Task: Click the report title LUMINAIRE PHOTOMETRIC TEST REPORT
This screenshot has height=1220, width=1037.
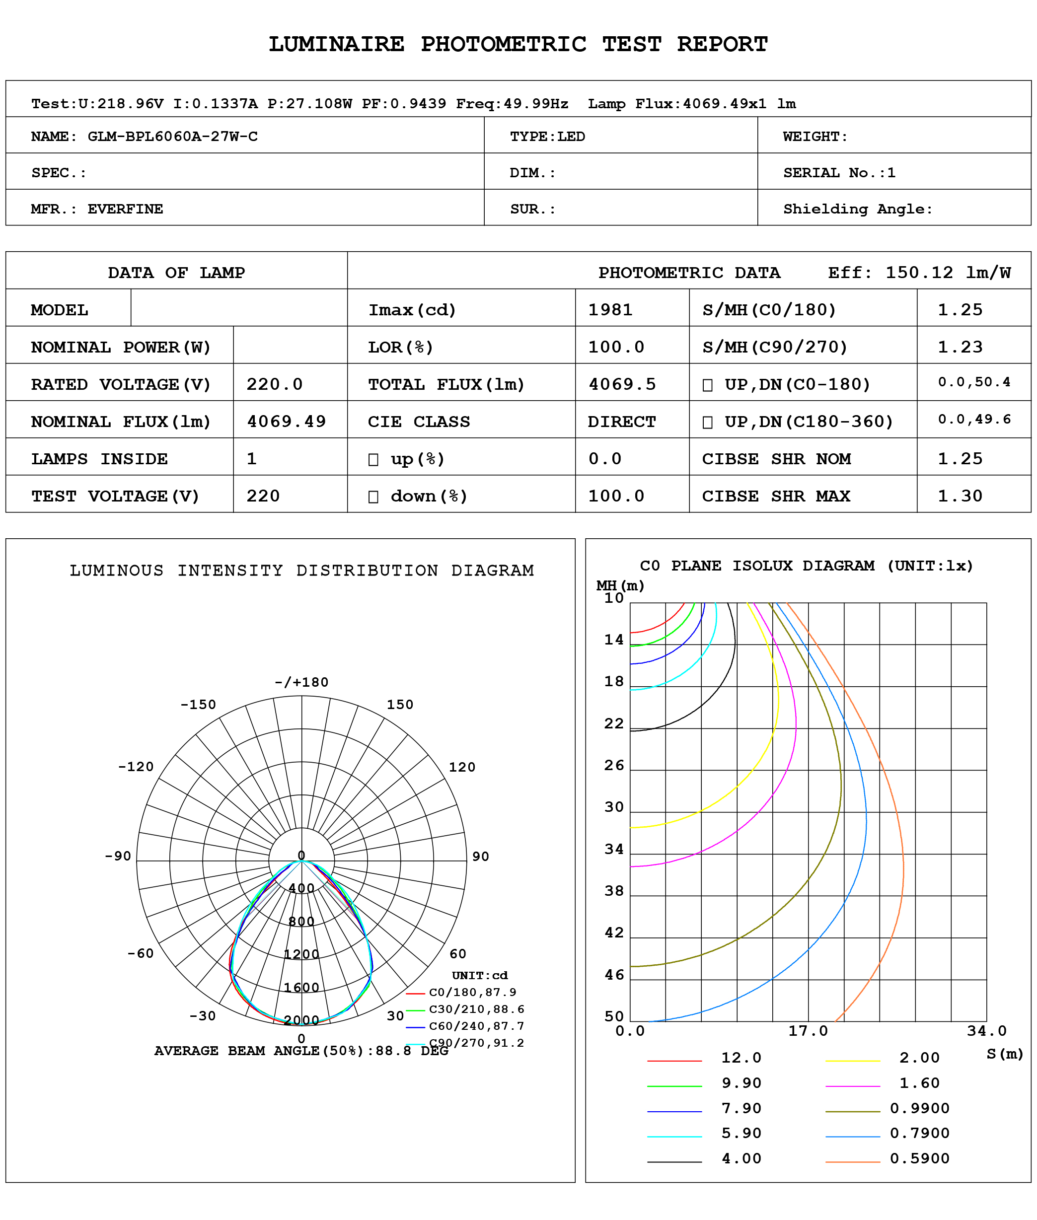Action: pos(518,45)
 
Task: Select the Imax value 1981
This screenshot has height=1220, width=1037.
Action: pos(610,310)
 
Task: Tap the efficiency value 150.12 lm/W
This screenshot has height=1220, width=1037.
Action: pos(948,273)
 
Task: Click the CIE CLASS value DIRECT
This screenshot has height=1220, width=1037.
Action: pos(621,422)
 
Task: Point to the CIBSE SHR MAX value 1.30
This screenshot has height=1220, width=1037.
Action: pos(960,496)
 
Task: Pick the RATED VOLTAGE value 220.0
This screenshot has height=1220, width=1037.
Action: pos(274,384)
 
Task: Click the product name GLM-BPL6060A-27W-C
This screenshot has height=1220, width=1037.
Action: pos(172,137)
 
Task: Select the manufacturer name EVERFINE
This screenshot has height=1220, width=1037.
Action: pos(125,209)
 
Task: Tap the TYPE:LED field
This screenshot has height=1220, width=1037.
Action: pos(547,137)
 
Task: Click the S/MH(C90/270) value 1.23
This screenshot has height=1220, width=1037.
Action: pos(960,347)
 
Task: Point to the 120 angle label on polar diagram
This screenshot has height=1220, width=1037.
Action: pos(461,767)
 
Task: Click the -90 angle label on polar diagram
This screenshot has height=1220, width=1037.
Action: pos(118,856)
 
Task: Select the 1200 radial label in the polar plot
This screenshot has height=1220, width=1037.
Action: pos(301,954)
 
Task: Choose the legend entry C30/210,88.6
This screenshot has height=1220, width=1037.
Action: pos(476,1009)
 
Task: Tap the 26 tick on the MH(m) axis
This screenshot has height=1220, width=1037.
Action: pos(614,765)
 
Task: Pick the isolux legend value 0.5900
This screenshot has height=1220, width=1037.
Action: pos(919,1158)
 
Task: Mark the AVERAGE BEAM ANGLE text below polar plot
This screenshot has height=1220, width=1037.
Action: pos(301,1051)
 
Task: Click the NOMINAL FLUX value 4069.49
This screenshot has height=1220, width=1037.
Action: pos(286,422)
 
